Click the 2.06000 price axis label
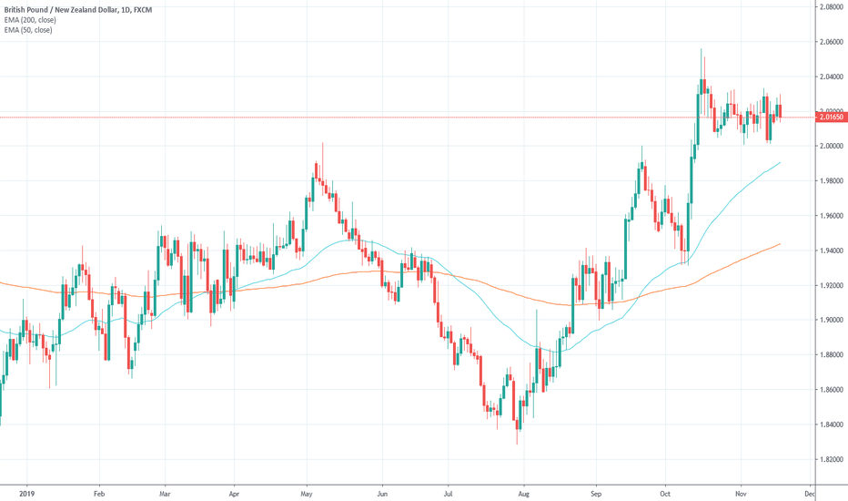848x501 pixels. [828, 42]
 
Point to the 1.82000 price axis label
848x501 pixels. [828, 460]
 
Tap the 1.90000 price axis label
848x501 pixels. [828, 321]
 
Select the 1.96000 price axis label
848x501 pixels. [828, 216]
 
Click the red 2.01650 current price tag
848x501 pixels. [828, 118]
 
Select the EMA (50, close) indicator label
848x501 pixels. [27, 30]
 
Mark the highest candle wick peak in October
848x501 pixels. [702, 49]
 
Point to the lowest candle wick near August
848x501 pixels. [518, 444]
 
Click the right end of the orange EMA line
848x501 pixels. [781, 243]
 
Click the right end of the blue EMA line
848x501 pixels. [781, 162]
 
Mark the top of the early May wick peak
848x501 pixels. [323, 143]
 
